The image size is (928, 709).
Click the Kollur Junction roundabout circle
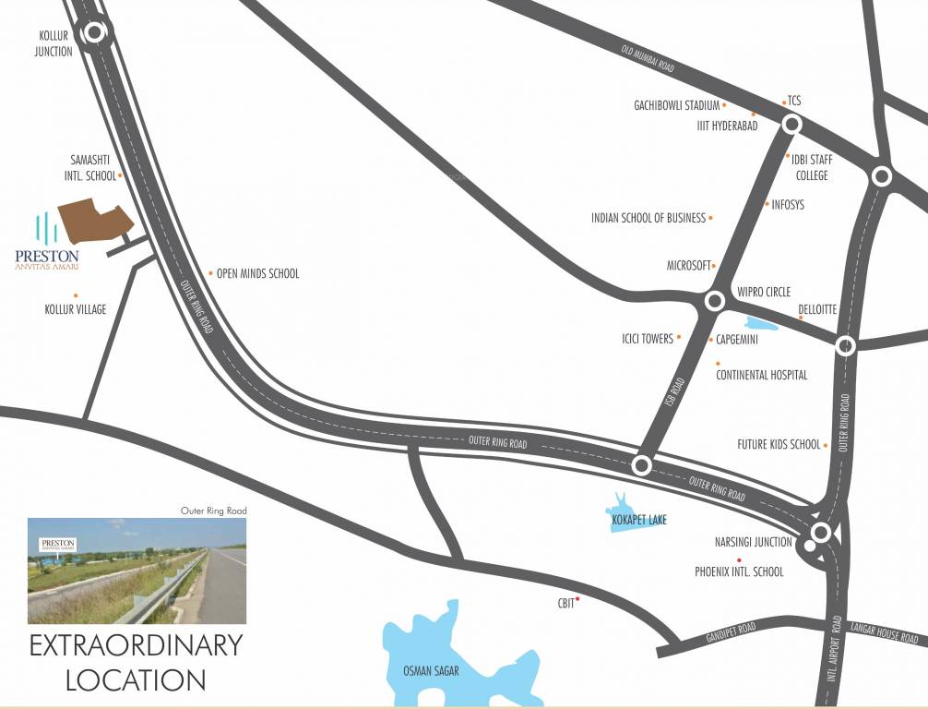(x=94, y=34)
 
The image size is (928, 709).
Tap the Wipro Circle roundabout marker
(x=714, y=301)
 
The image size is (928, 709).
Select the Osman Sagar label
(x=431, y=671)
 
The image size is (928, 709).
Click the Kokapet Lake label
(x=638, y=520)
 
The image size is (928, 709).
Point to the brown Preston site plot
(x=95, y=222)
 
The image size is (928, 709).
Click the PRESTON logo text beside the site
(x=47, y=256)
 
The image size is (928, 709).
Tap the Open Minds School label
(x=257, y=273)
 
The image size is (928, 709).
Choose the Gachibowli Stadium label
(x=676, y=105)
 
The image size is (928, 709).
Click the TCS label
(x=794, y=101)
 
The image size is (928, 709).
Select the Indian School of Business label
(x=648, y=218)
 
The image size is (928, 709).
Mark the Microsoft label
(x=689, y=265)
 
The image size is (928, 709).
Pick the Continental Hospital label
(x=761, y=375)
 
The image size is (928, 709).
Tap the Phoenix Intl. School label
(x=739, y=571)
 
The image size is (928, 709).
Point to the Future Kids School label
(x=778, y=444)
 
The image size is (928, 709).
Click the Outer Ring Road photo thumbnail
(x=137, y=571)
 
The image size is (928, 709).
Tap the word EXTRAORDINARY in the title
(x=137, y=644)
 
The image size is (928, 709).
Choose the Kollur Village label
(x=76, y=309)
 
